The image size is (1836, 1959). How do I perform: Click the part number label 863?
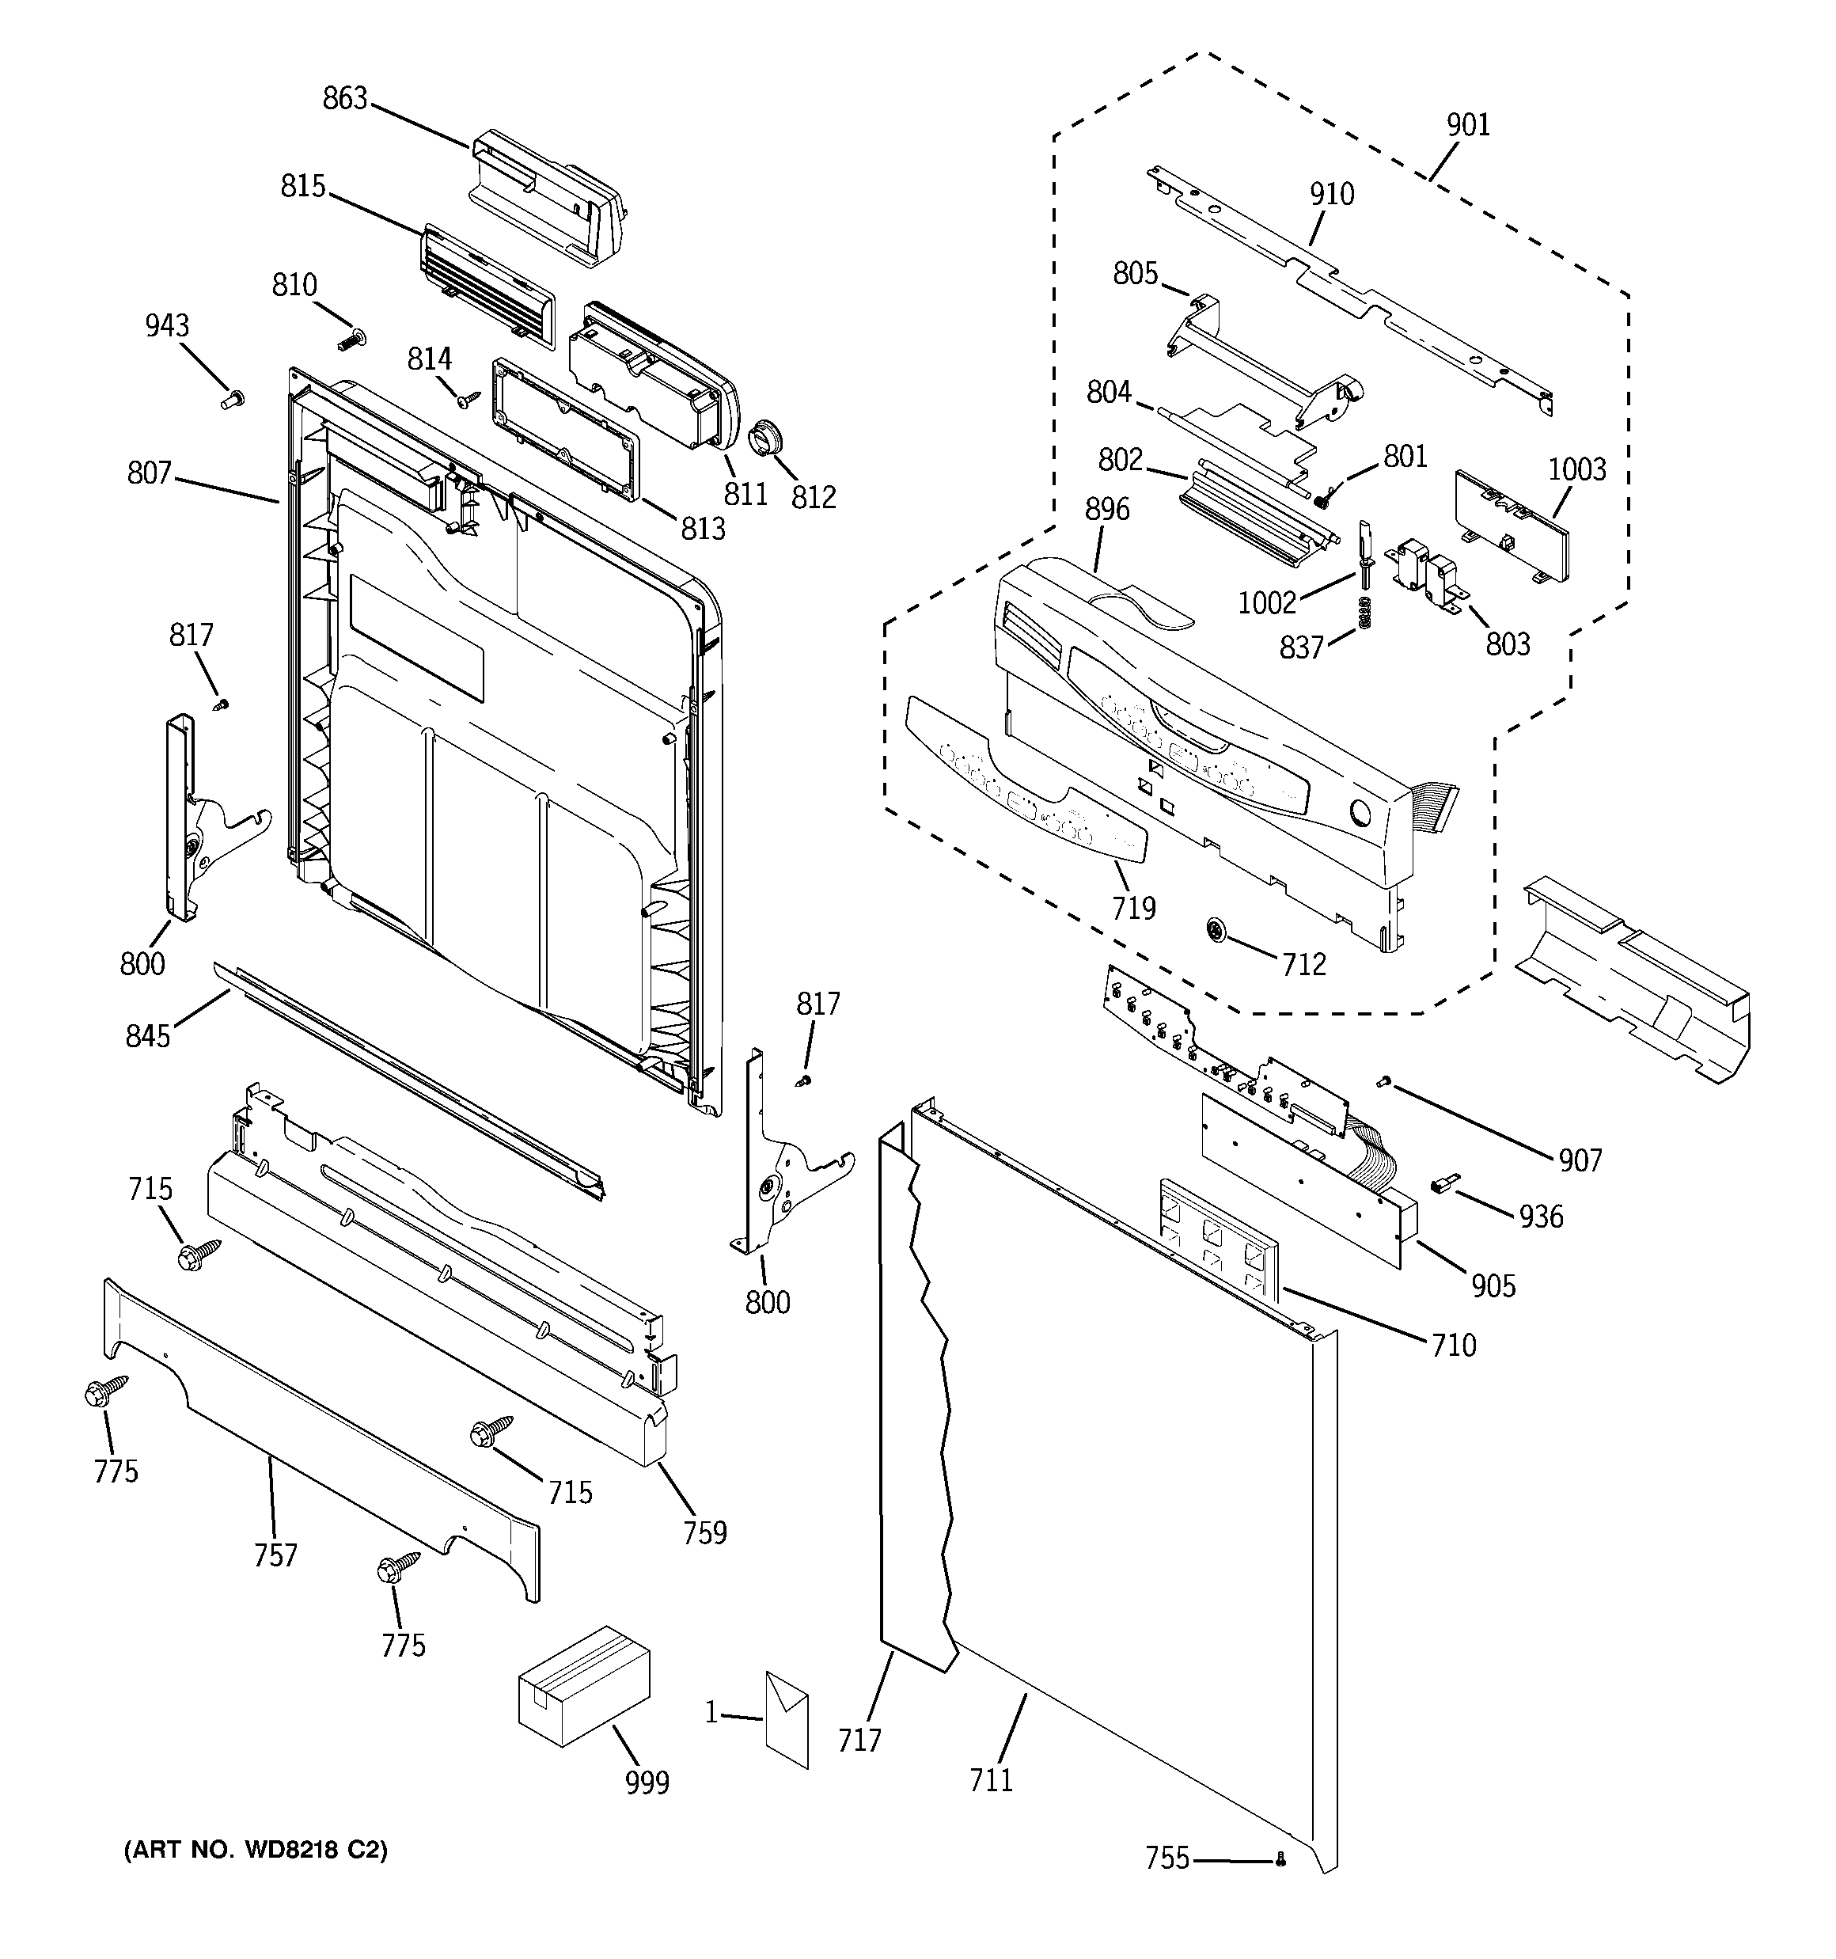[x=344, y=98]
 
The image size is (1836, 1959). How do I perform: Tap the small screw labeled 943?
[x=233, y=399]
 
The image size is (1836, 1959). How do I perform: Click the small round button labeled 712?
[x=1218, y=929]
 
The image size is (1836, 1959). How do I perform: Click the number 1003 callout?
[x=1576, y=469]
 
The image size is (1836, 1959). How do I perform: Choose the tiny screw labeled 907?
[x=1383, y=1083]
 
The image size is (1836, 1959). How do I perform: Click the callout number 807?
[x=149, y=473]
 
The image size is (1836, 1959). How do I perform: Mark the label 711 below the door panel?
[x=991, y=1779]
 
